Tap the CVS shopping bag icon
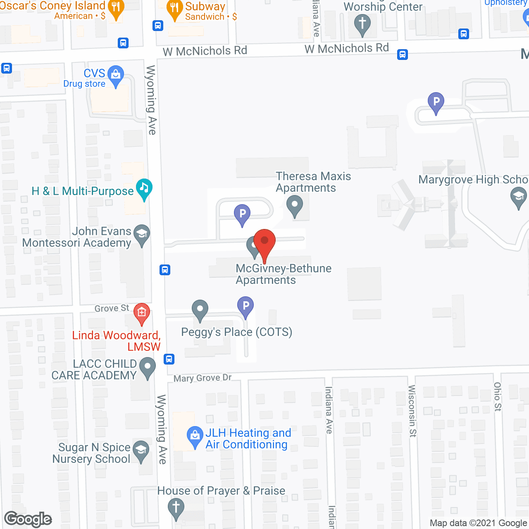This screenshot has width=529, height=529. point(115,75)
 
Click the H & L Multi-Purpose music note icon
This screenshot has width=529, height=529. point(144,188)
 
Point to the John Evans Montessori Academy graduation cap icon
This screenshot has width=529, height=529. point(142,234)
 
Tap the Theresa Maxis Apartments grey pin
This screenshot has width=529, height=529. point(295,205)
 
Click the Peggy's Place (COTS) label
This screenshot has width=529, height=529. point(236,332)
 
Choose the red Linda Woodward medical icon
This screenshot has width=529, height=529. point(142,313)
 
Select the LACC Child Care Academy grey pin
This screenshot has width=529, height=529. point(148,367)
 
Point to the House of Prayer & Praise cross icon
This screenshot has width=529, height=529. point(176,507)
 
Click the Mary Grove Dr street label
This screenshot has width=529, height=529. point(203,378)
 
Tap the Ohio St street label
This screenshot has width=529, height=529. point(498,397)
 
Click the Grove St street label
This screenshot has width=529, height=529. point(112,308)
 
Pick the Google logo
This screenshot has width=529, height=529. point(28,519)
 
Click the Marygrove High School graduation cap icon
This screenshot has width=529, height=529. point(518,196)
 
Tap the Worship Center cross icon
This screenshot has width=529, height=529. point(362,23)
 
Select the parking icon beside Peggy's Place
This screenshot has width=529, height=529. point(245,306)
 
